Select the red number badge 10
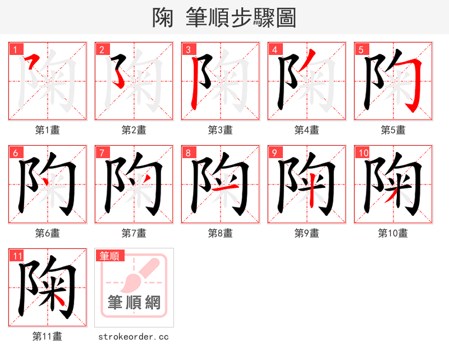pyautogui.click(x=363, y=153)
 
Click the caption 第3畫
pyautogui.click(x=220, y=130)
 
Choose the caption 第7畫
pyautogui.click(x=134, y=233)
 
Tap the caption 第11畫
pyautogui.click(x=47, y=336)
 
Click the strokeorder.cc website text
pyautogui.click(x=134, y=336)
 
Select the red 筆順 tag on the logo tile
pyautogui.click(x=110, y=256)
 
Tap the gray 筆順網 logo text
pyautogui.click(x=134, y=303)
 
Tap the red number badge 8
pyautogui.click(x=188, y=153)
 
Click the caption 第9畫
pyautogui.click(x=306, y=233)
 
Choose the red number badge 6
pyautogui.click(x=15, y=153)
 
